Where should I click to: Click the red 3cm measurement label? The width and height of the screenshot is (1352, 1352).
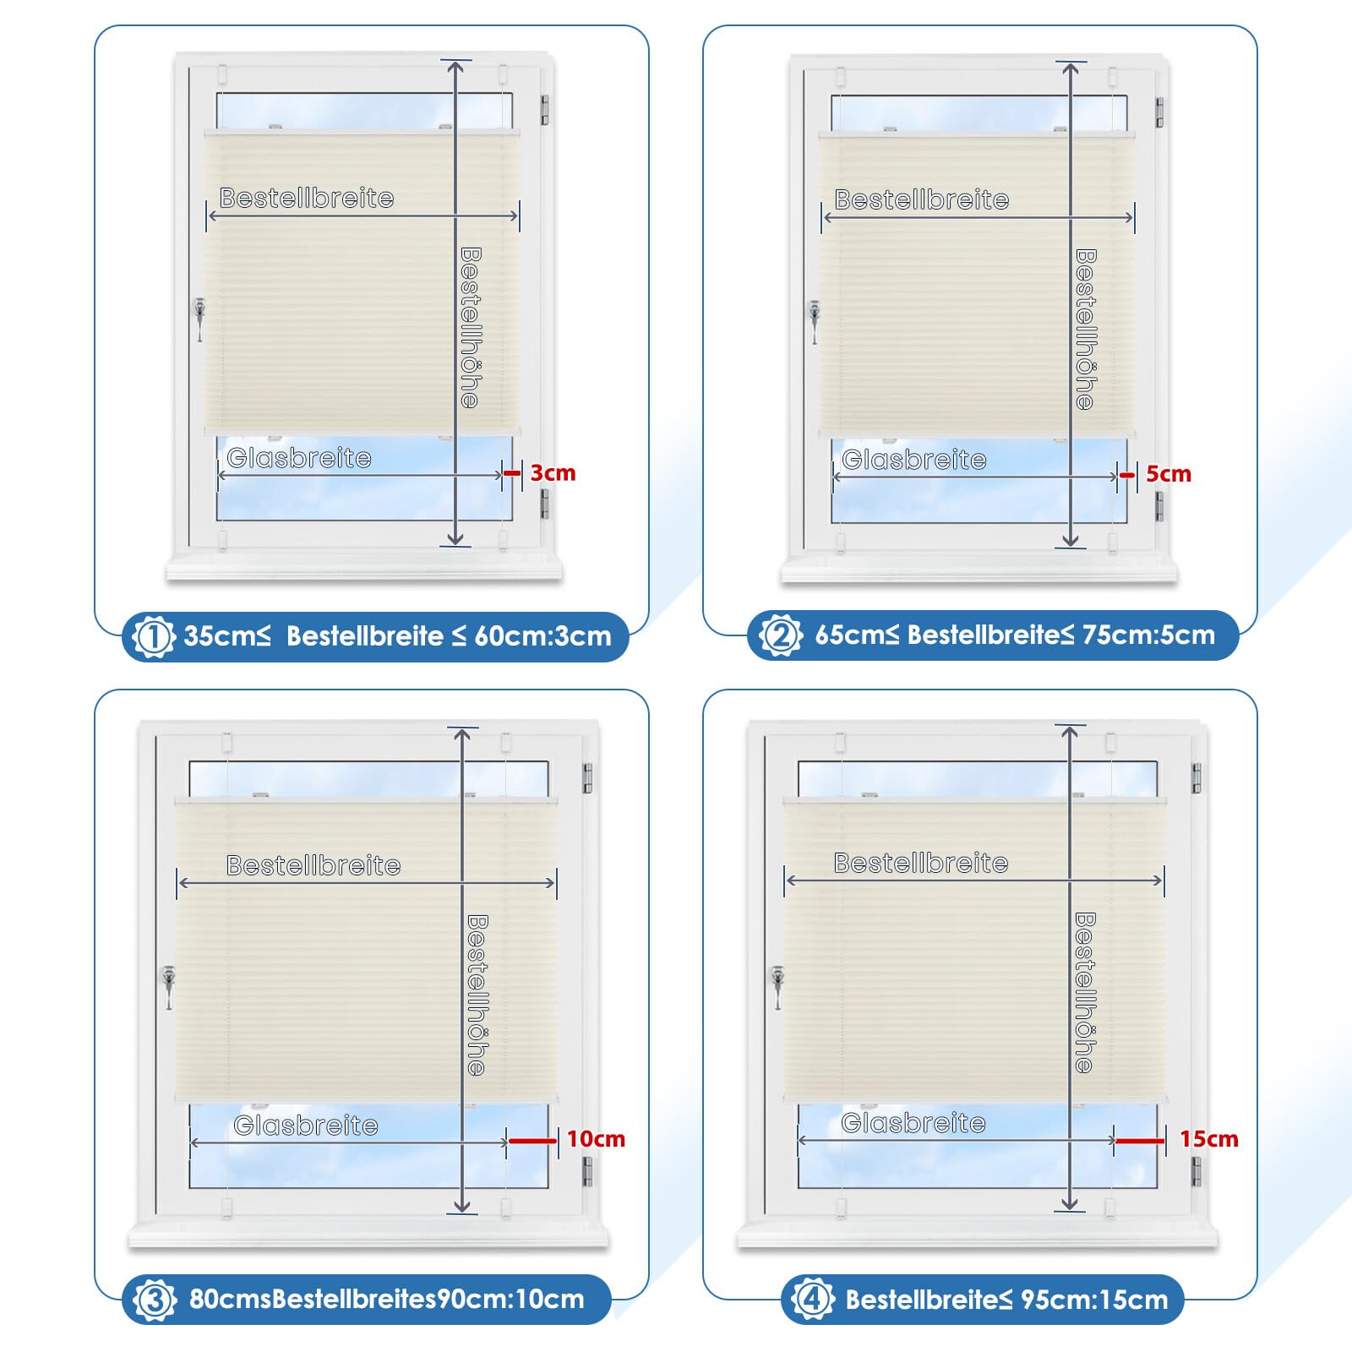click(553, 473)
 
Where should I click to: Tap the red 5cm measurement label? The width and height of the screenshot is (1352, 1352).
click(1168, 474)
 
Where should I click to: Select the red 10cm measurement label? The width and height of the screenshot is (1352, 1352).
click(596, 1139)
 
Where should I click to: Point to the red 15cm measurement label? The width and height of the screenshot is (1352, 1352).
click(1208, 1139)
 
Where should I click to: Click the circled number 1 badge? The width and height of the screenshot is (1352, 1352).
click(154, 636)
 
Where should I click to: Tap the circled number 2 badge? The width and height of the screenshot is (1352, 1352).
click(780, 635)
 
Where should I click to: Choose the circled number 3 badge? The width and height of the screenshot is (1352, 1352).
click(155, 1300)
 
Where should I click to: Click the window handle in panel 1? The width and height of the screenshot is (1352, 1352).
click(199, 319)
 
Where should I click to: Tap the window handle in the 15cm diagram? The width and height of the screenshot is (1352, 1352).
click(777, 988)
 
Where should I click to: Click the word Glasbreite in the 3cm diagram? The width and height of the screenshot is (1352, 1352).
click(299, 458)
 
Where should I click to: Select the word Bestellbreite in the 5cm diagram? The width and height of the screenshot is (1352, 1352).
click(922, 199)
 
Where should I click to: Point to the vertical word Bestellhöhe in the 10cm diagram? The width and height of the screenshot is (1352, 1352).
click(477, 995)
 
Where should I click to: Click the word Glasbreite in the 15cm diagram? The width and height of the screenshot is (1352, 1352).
click(913, 1123)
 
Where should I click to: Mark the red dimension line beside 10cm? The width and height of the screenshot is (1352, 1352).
click(532, 1141)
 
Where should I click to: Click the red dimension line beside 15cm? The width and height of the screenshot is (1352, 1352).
click(1140, 1141)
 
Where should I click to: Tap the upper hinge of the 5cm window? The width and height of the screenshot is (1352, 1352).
click(1159, 112)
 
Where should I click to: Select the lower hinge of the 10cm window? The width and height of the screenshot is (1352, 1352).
click(587, 1171)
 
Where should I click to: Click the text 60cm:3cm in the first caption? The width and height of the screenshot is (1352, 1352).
click(542, 636)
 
